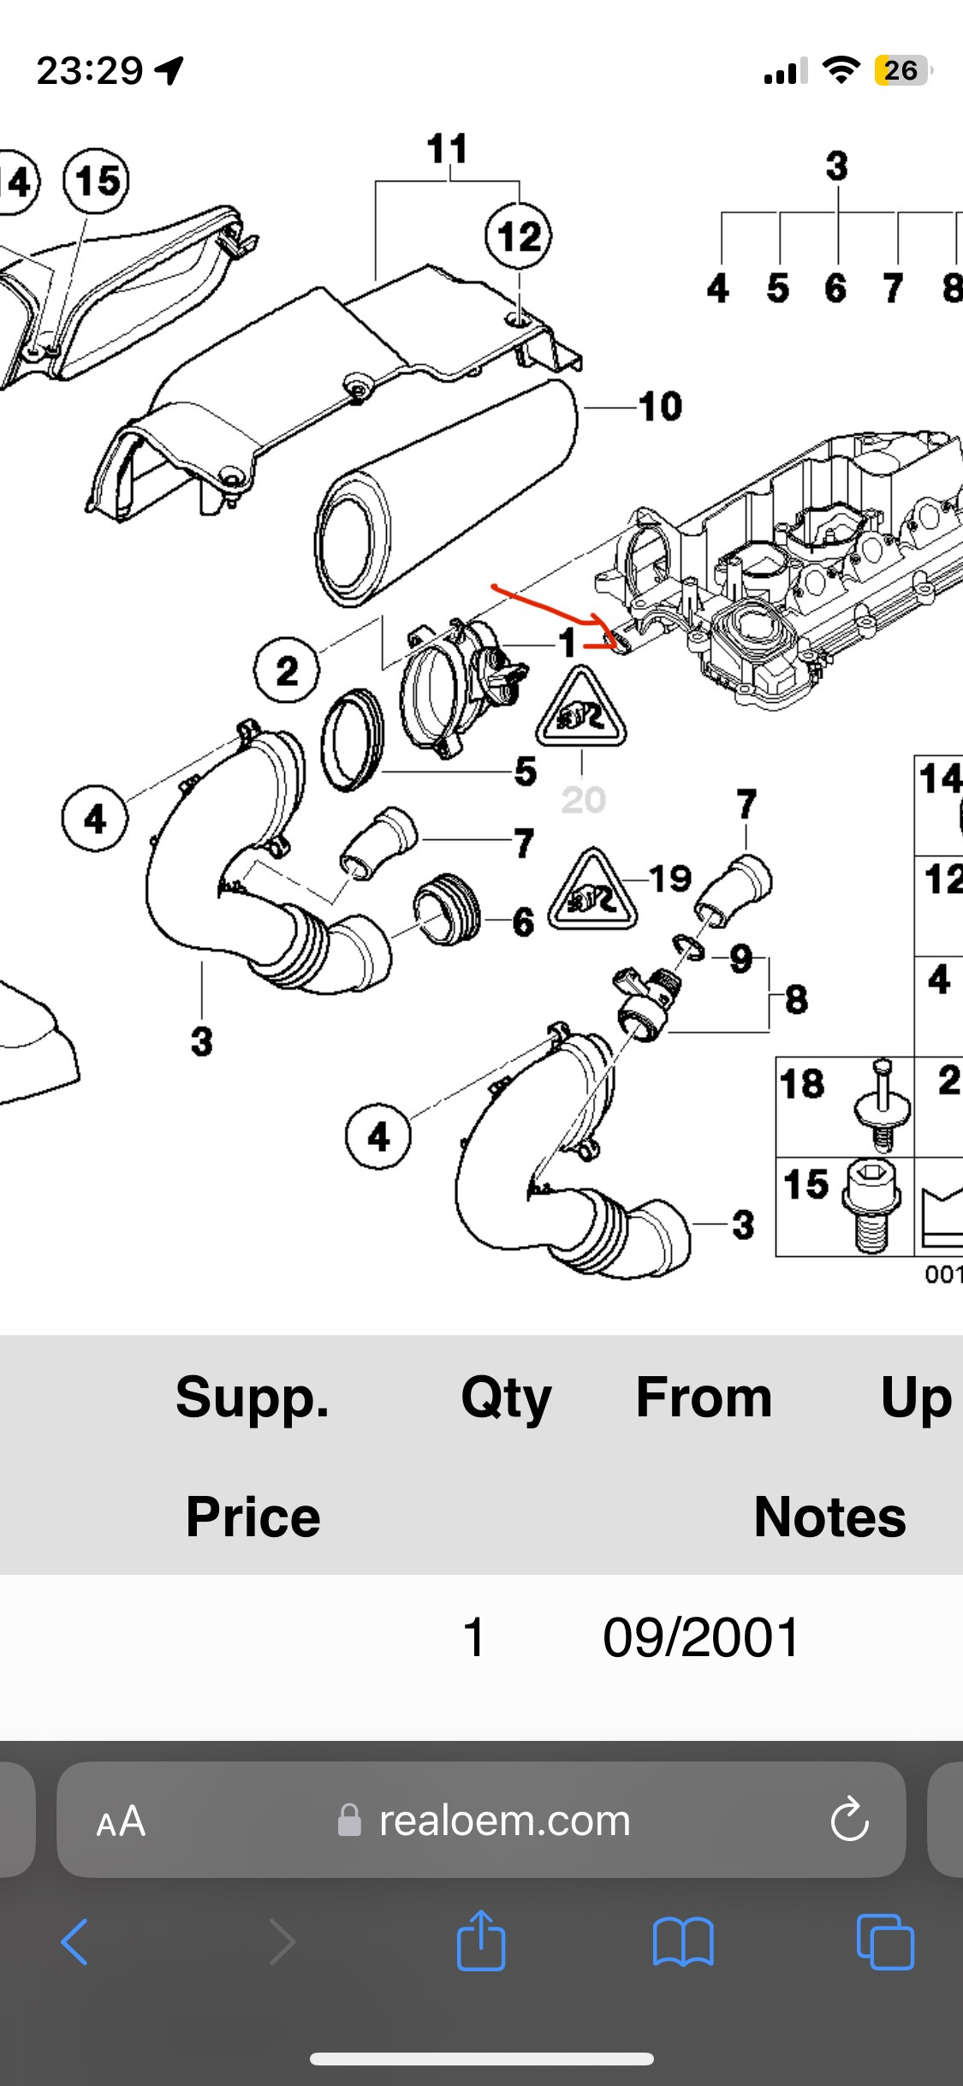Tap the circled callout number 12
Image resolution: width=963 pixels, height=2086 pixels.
point(519,236)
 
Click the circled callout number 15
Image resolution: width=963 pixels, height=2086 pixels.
point(97,181)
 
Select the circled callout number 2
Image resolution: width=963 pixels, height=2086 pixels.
point(287,670)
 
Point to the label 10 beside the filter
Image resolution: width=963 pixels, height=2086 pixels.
point(660,407)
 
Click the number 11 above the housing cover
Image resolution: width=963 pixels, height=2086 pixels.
point(447,149)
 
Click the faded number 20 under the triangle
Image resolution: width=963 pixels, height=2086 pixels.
point(583,801)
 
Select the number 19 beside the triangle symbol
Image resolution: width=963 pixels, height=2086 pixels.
point(670,878)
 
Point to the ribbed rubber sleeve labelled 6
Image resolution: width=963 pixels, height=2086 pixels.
point(447,910)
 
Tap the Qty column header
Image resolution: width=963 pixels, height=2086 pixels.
point(506,1398)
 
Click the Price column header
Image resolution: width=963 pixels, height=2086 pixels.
point(253,1517)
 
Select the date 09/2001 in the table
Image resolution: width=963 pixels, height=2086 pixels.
point(701,1637)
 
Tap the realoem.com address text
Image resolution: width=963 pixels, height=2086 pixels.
point(504,1821)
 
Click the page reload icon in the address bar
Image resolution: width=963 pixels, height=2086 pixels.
point(849,1820)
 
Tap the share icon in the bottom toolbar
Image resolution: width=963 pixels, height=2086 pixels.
point(481,1941)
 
